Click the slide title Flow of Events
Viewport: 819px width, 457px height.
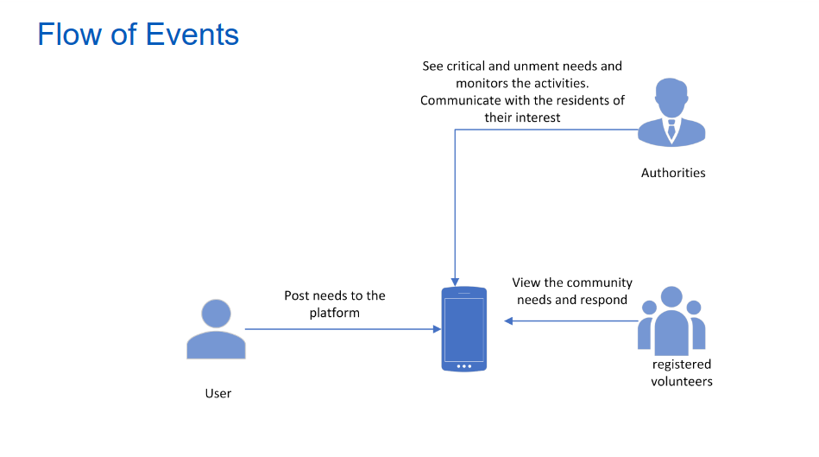pyautogui.click(x=138, y=35)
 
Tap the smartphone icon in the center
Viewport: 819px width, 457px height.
pyautogui.click(x=463, y=329)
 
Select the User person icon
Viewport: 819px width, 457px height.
pyautogui.click(x=216, y=329)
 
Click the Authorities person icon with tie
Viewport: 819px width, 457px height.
pyautogui.click(x=671, y=112)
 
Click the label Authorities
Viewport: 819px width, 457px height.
pyautogui.click(x=673, y=173)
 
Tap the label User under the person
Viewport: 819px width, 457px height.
pyautogui.click(x=218, y=393)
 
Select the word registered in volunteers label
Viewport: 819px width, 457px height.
pyautogui.click(x=682, y=365)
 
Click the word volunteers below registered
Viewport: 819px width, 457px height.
pyautogui.click(x=682, y=381)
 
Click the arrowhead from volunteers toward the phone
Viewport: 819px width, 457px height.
pyautogui.click(x=509, y=321)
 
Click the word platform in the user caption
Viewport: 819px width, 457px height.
pyautogui.click(x=334, y=313)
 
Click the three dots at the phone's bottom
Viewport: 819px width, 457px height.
pyautogui.click(x=463, y=365)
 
